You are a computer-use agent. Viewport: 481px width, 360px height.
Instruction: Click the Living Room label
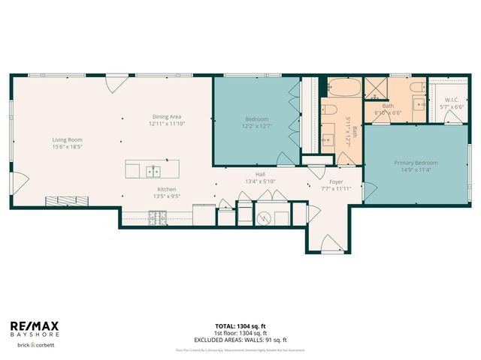click(67, 139)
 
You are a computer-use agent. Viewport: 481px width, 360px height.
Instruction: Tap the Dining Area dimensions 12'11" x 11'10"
click(167, 124)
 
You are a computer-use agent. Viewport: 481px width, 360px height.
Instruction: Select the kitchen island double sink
click(153, 170)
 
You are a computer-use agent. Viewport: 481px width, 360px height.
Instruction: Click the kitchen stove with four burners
click(158, 218)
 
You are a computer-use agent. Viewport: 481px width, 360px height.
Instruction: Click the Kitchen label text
click(167, 189)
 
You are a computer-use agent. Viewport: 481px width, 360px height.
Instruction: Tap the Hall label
click(260, 174)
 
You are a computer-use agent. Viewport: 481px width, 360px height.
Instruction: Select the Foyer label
click(336, 181)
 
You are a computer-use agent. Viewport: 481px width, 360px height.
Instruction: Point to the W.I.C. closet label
click(452, 100)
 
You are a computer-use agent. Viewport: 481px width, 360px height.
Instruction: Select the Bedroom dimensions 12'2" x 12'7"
click(256, 126)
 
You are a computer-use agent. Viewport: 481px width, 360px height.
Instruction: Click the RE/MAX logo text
click(34, 325)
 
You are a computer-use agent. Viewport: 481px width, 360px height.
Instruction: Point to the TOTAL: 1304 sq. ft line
click(240, 326)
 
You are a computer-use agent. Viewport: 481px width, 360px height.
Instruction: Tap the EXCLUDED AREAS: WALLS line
click(240, 338)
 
